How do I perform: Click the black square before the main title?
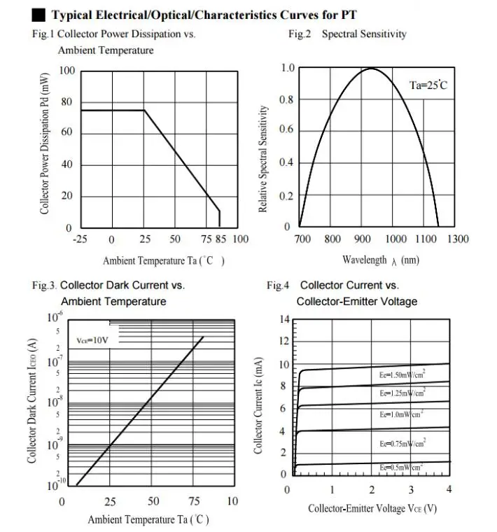[x=39, y=15]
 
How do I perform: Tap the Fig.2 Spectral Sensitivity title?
[x=347, y=34]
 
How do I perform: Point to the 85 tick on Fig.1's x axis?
[x=220, y=239]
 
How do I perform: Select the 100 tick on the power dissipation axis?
[x=65, y=71]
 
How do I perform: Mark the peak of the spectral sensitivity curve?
[x=371, y=69]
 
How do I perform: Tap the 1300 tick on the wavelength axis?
[x=457, y=239]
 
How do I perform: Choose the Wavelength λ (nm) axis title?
[x=380, y=260]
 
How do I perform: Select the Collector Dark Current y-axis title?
[x=32, y=400]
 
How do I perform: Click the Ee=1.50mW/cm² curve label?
[x=402, y=376]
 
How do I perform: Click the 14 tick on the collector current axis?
[x=284, y=319]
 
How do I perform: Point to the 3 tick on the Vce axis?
[x=411, y=489]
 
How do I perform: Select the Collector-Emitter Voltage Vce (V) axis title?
[x=372, y=509]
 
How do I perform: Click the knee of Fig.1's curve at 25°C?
[x=145, y=110]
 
